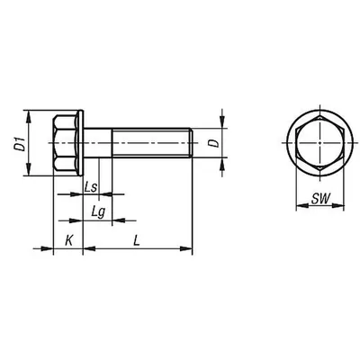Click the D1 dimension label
[x=20, y=144]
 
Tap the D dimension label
[x=214, y=143]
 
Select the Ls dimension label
[x=90, y=187]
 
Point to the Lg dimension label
[x=98, y=212]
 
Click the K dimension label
[x=69, y=240]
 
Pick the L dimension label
[x=137, y=241]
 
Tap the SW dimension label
[x=320, y=198]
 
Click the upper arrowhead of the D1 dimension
[x=28, y=117]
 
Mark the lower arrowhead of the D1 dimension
[x=28, y=169]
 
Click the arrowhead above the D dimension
[x=222, y=121]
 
